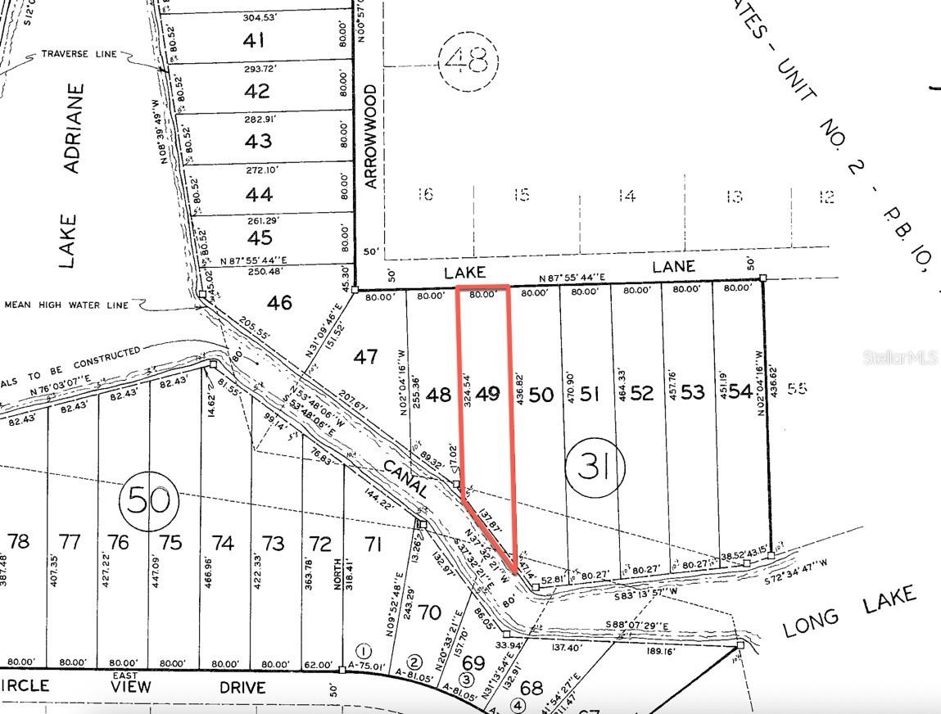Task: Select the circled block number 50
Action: click(148, 499)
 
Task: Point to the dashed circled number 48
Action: click(468, 60)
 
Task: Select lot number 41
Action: click(257, 40)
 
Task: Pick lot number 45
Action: click(259, 237)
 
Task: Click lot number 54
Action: click(740, 391)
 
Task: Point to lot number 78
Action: click(19, 541)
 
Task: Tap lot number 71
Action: click(373, 542)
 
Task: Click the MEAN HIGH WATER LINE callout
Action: click(66, 305)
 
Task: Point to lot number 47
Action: click(366, 356)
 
